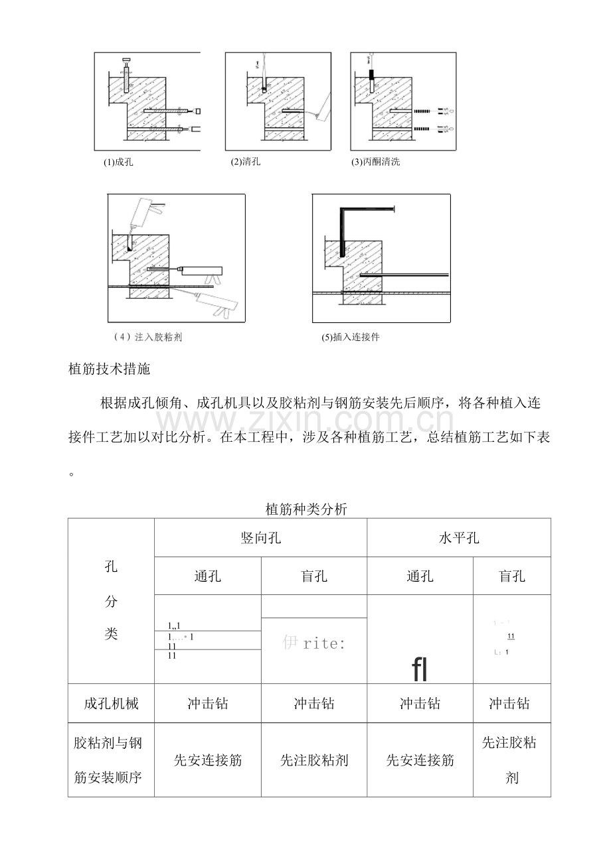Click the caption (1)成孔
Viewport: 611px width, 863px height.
118,162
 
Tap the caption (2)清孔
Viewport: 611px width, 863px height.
246,161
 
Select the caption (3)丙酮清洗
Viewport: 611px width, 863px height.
376,162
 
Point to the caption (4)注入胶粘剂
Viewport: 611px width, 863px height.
149,337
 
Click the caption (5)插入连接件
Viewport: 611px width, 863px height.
351,337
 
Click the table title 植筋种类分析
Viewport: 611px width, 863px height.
306,509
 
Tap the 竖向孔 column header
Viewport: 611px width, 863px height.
260,538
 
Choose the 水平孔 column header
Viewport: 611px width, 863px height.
459,538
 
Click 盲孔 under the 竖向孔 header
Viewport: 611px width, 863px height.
314,576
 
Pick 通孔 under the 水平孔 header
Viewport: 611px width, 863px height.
420,576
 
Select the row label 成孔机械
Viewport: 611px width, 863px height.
112,703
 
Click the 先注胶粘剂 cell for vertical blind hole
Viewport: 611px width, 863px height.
314,760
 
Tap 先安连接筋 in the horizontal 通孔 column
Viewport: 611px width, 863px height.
420,760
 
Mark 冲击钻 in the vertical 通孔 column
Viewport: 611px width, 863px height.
208,703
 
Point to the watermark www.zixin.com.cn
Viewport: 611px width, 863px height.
305,421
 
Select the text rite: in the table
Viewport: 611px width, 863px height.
323,643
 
